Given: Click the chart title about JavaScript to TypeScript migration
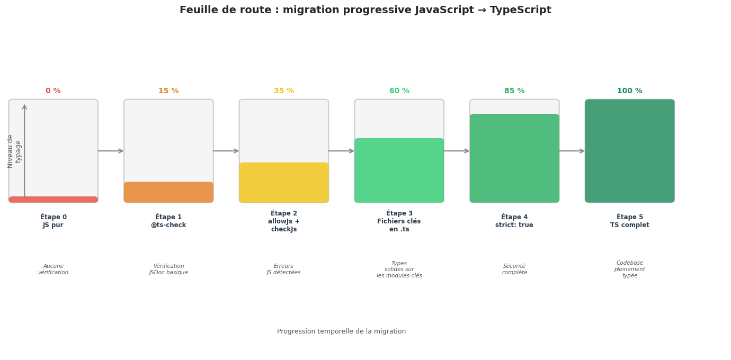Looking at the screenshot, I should pos(365,10).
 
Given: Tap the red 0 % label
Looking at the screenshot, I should pos(53,91).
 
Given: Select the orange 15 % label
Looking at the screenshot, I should pos(168,91).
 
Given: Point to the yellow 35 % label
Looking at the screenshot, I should pos(284,91).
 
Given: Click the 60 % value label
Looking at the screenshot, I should pos(399,91).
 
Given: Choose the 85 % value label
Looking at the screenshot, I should pos(514,91).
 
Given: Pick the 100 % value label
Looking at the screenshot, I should pos(630,91).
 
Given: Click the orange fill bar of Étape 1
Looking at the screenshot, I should pos(168,192).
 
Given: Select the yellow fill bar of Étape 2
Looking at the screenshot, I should pos(284,183).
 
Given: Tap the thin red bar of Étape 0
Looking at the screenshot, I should pos(53,200).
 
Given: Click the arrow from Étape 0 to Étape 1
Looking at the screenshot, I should pos(111,151).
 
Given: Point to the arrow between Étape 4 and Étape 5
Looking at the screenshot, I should pos(572,151).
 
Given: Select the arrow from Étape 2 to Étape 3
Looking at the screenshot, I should pos(342,151).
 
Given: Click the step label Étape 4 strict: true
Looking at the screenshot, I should pos(514,221).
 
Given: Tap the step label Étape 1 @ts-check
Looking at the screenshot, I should pos(168,221).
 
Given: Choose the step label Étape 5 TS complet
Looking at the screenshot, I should pos(630,221).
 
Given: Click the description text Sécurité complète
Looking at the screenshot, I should pos(514,269).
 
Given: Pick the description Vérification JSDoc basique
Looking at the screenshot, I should pos(168,269).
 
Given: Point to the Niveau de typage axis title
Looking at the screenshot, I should pos(14,151).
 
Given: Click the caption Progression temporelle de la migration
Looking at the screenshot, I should pos(341,331).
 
